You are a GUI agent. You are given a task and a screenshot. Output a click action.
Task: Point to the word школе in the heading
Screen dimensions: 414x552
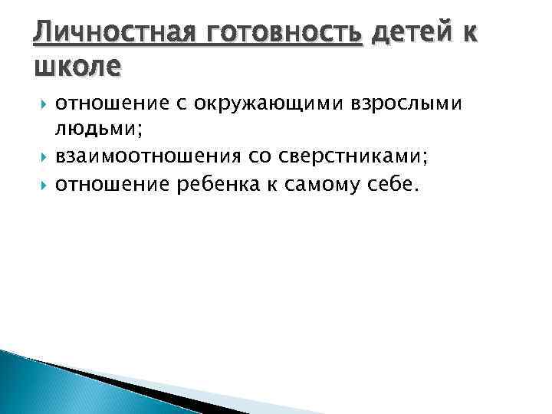77,67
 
